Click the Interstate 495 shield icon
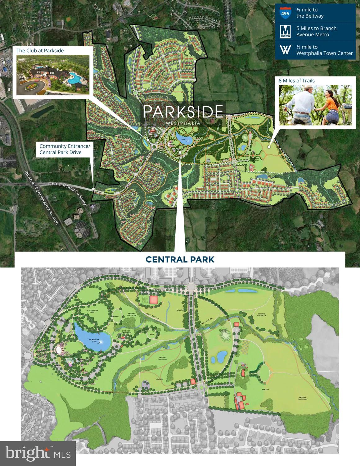[x=285, y=13]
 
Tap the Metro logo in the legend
[x=285, y=32]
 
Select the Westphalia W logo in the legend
[x=285, y=50]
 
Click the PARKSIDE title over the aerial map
[x=183, y=111]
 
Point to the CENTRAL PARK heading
[x=180, y=259]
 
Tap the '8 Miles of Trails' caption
[x=297, y=81]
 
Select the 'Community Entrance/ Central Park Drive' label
[x=65, y=149]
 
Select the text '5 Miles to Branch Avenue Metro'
[x=316, y=31]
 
